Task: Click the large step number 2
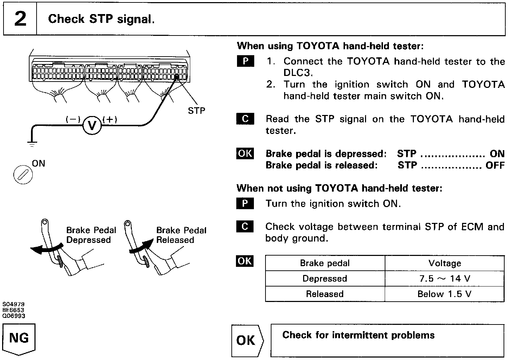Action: [x=20, y=19]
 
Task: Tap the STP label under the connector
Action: [x=196, y=111]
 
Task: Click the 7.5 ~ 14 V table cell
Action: [x=444, y=278]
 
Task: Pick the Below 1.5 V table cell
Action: [x=444, y=294]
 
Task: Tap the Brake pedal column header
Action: [x=325, y=263]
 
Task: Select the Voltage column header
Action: [x=444, y=263]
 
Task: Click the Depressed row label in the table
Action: [x=325, y=278]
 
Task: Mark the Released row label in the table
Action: [x=325, y=294]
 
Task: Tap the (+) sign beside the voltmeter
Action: [x=110, y=120]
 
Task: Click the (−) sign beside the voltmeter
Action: [x=73, y=120]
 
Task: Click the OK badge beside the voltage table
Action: [x=245, y=261]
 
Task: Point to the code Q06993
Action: [x=14, y=316]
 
